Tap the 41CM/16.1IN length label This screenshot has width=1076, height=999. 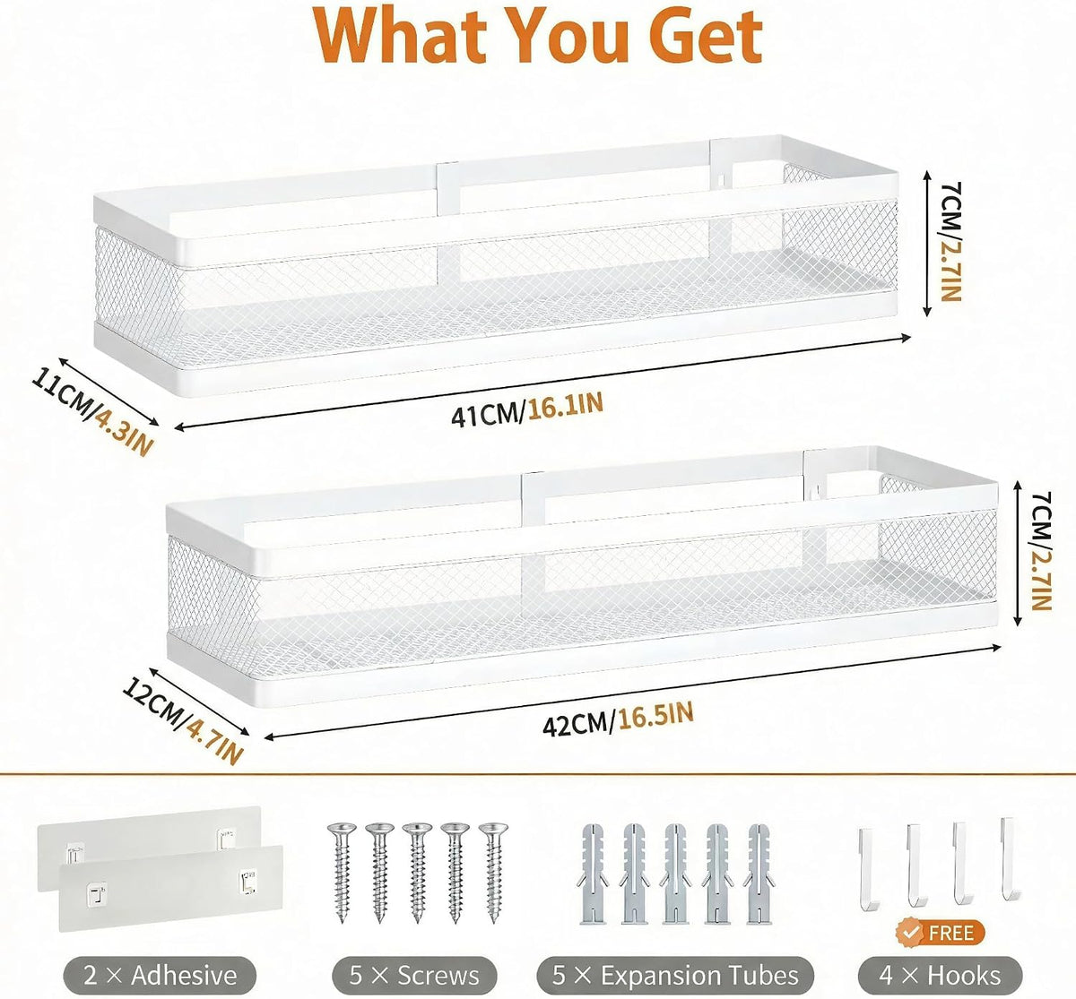pos(527,409)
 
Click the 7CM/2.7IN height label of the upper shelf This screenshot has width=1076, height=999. pos(950,242)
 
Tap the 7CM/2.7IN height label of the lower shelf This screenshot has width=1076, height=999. pos(1041,551)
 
